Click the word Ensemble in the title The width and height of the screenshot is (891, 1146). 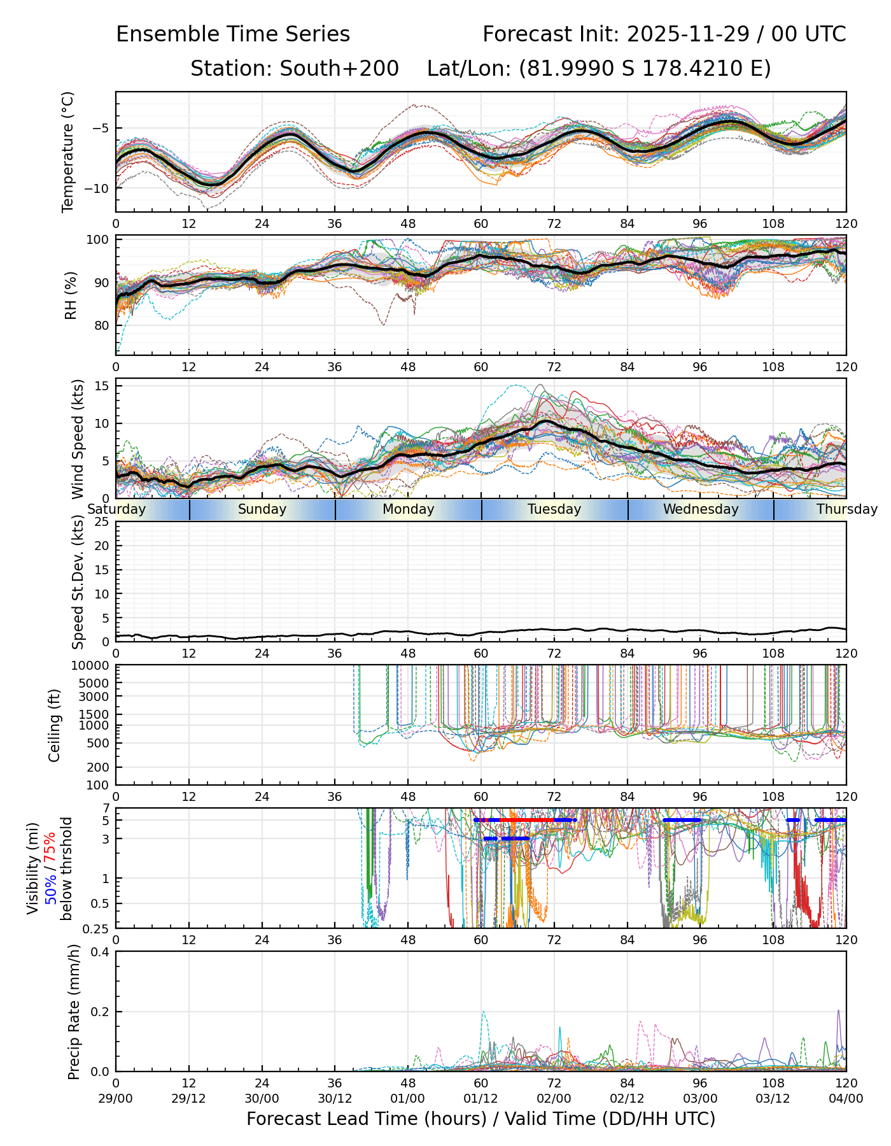163,34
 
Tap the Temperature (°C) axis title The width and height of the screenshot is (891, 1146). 68,152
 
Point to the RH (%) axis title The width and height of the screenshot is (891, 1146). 71,295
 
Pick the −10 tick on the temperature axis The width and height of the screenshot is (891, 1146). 101,188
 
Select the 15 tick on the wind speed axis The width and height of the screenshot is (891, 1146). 102,386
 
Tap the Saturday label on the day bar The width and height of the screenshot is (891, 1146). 117,509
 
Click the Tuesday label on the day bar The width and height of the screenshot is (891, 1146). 554,509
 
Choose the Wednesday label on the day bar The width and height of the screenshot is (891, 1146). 701,509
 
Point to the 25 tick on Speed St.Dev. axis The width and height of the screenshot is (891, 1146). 102,522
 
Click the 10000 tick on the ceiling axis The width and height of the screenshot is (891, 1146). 92,666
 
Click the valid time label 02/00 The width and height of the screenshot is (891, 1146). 554,1099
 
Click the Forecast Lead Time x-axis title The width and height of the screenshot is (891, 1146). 481,1119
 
